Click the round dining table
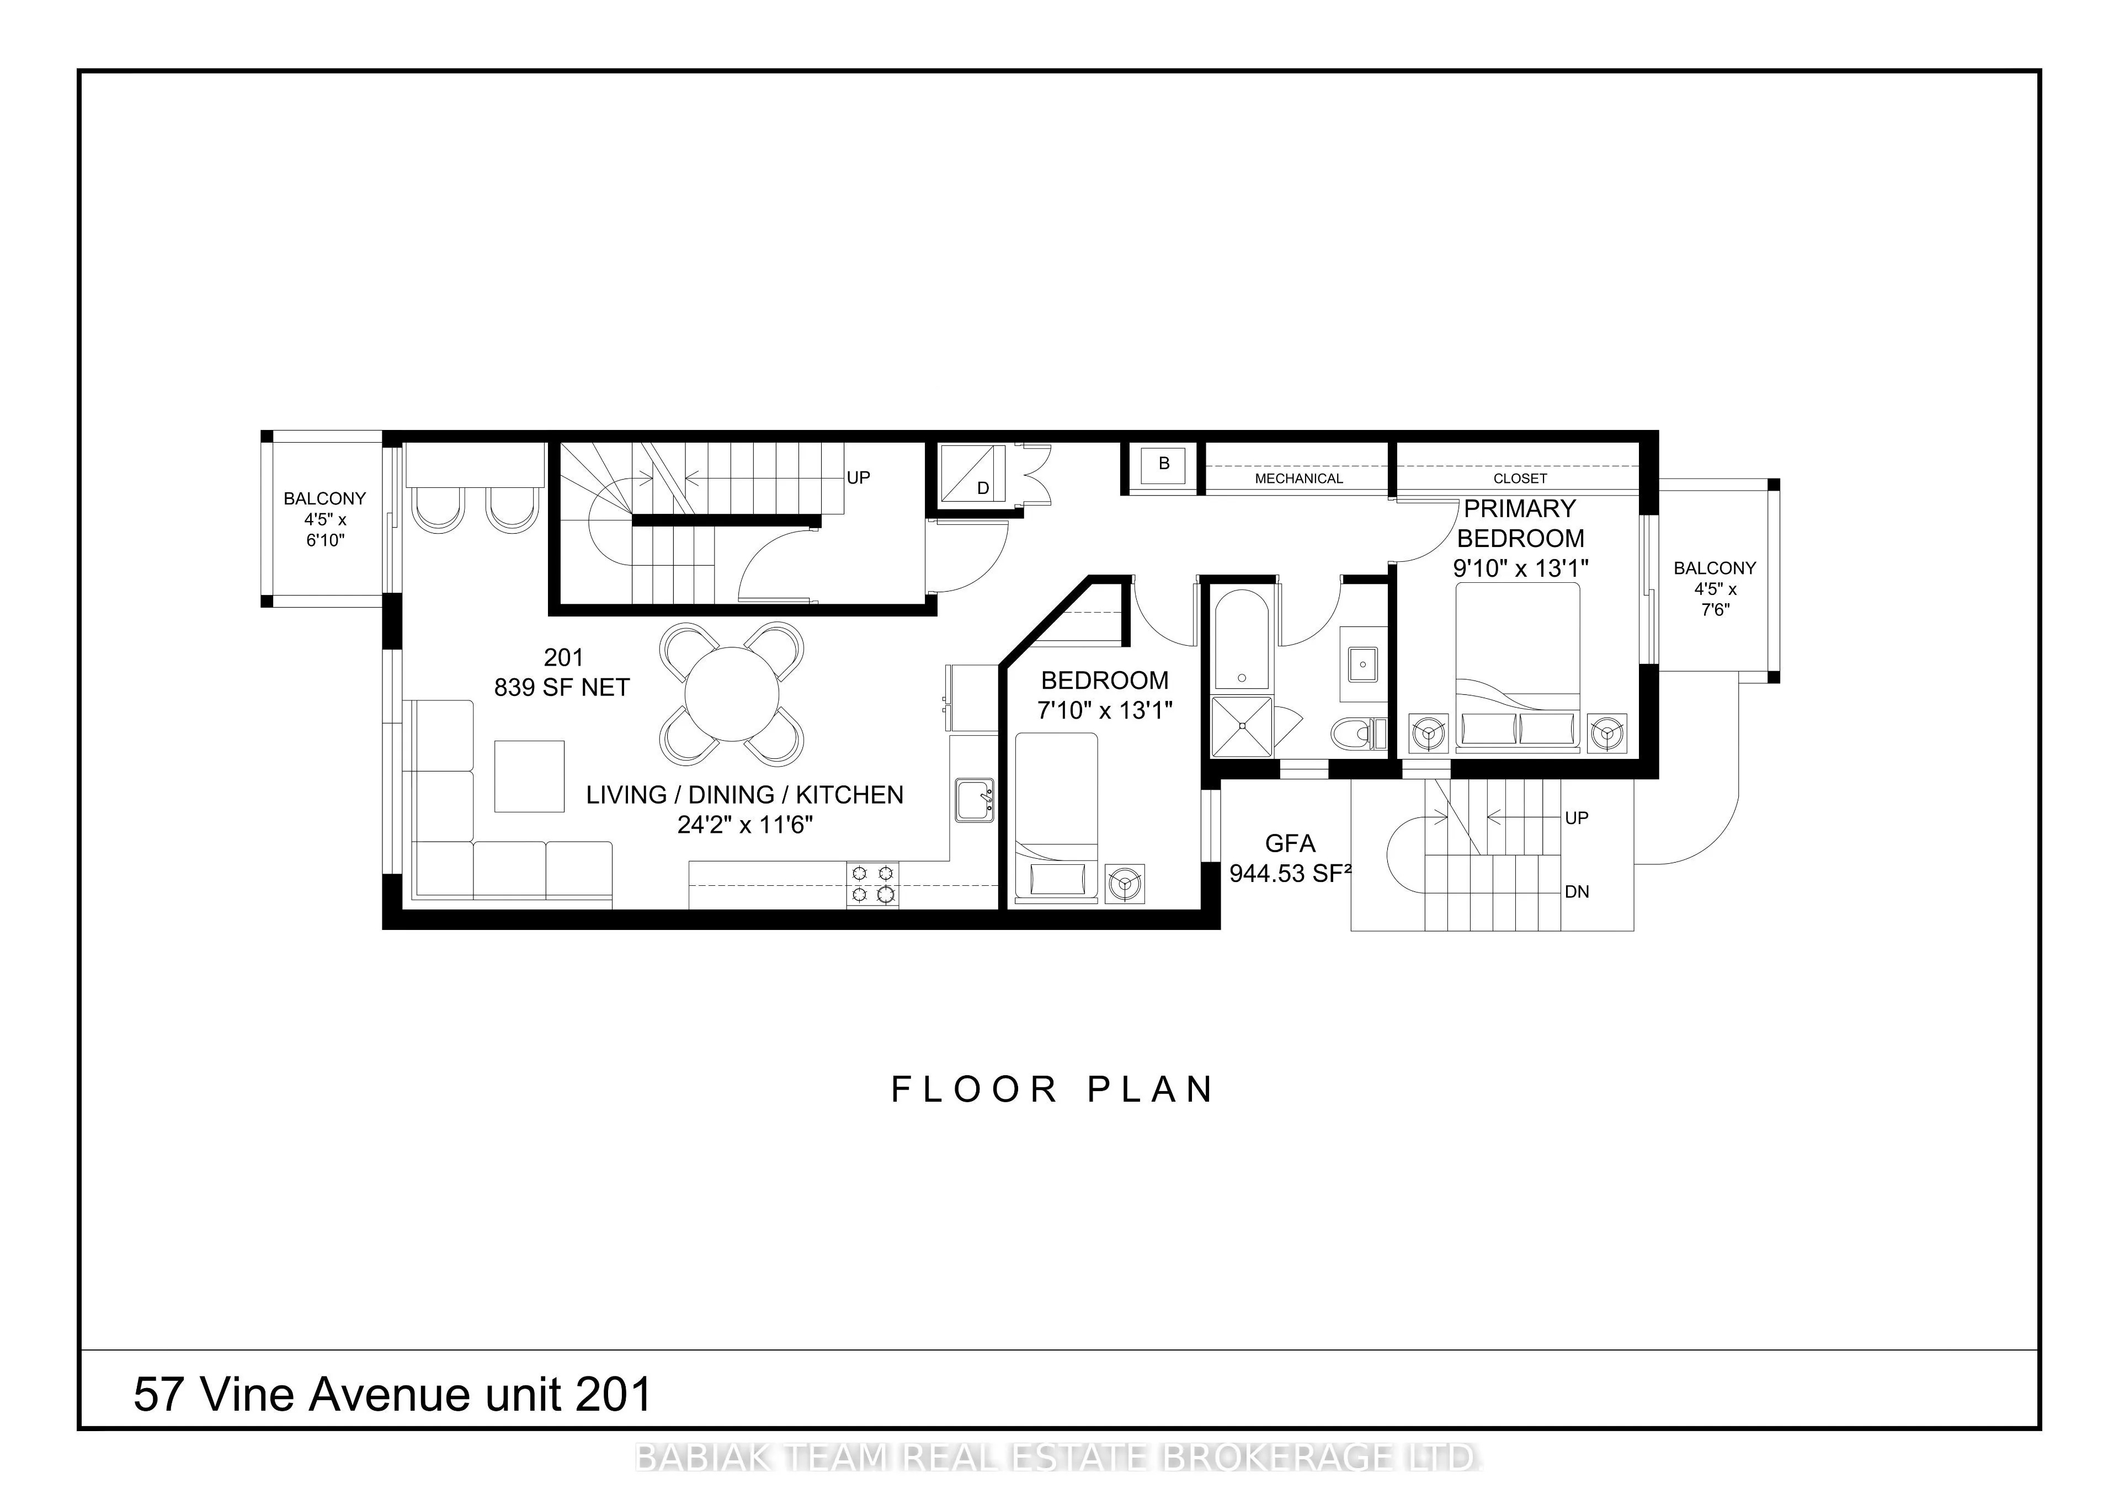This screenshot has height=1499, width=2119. tap(732, 694)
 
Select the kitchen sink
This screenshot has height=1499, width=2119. tap(973, 799)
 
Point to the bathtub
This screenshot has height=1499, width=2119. tap(1242, 638)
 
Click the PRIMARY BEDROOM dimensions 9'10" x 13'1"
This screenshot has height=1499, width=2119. tap(1520, 568)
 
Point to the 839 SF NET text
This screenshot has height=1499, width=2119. tap(562, 688)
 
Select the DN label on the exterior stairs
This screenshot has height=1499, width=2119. tap(1577, 892)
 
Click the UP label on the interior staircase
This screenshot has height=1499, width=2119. tap(858, 478)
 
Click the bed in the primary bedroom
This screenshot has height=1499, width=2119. tap(1518, 666)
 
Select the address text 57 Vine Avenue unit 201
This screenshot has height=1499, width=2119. tap(393, 1394)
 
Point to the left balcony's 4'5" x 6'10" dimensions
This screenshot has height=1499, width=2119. tap(325, 530)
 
